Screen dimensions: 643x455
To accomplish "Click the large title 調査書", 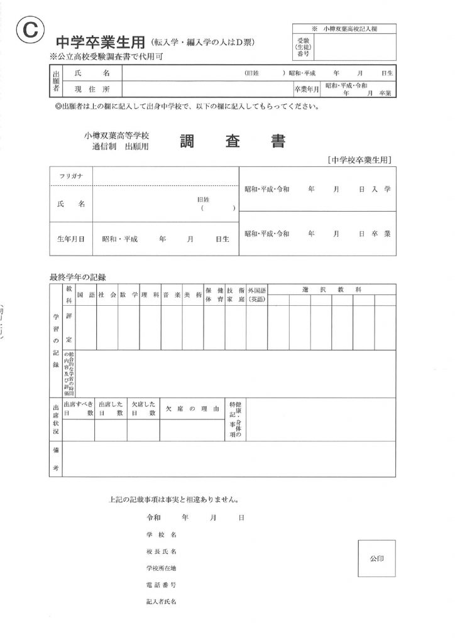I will [x=233, y=142].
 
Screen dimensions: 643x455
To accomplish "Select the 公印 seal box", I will [x=377, y=558].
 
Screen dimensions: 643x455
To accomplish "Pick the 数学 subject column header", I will [x=129, y=294].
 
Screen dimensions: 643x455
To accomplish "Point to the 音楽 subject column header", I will [x=172, y=294].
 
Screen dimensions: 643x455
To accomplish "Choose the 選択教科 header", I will [x=331, y=289].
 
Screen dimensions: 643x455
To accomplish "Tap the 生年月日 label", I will [x=71, y=239].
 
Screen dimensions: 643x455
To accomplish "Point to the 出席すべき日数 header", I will [x=78, y=409].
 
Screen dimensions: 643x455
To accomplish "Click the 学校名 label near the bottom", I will [x=161, y=534].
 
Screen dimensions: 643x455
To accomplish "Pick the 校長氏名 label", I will [x=161, y=551].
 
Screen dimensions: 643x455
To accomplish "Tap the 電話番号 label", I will [x=161, y=585].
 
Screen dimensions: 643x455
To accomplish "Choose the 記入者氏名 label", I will [x=161, y=602].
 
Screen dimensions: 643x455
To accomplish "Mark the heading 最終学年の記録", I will [x=78, y=276].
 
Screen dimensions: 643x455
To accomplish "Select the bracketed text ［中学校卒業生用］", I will [x=361, y=161].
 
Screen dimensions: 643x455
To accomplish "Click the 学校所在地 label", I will [x=161, y=568].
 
